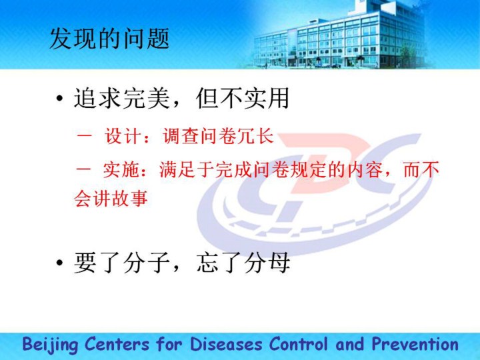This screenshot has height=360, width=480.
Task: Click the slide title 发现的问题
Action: click(x=109, y=39)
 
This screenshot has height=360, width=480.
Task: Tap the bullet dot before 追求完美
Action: click(x=60, y=99)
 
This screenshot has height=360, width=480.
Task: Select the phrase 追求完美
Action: click(x=122, y=98)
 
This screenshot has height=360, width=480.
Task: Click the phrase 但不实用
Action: click(x=243, y=98)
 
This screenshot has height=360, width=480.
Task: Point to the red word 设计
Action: click(x=123, y=136)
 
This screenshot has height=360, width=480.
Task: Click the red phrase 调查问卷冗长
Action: click(x=218, y=136)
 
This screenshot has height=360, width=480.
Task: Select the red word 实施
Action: click(x=121, y=169)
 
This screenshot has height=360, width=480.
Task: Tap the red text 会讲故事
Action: click(x=111, y=198)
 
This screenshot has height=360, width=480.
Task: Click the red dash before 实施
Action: click(x=83, y=169)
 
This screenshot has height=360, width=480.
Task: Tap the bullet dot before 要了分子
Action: click(x=60, y=263)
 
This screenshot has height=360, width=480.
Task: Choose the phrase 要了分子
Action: click(x=122, y=263)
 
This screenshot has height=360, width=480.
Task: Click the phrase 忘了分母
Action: click(x=243, y=263)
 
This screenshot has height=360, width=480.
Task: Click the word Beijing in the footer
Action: click(x=50, y=345)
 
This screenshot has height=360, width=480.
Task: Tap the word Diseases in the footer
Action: click(x=226, y=344)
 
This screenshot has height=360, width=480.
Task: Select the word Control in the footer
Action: click(x=299, y=344)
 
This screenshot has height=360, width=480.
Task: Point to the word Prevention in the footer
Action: click(x=415, y=344)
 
